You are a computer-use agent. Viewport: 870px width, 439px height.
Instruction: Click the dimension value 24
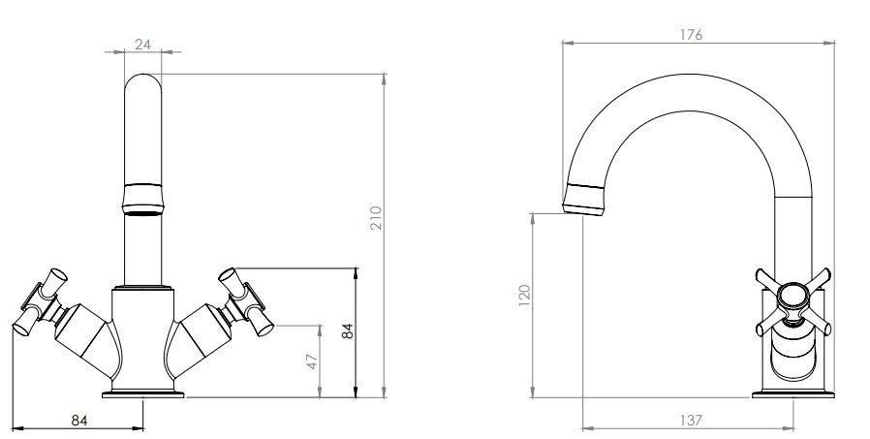click(x=142, y=44)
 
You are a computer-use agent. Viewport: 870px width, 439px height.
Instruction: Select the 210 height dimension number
click(x=377, y=218)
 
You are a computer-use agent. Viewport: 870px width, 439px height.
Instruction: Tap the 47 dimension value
click(x=312, y=361)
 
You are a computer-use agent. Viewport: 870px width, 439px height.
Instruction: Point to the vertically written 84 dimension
click(x=348, y=331)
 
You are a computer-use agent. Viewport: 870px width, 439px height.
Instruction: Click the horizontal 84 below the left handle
click(x=79, y=421)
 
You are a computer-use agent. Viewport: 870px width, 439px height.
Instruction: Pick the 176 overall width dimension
click(x=691, y=35)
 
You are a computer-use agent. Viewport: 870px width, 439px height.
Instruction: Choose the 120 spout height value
click(x=524, y=296)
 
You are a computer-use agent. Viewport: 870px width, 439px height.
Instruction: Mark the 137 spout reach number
click(x=690, y=421)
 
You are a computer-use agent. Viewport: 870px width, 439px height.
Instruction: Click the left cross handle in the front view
click(x=40, y=302)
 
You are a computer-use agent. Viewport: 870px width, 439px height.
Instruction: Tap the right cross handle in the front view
click(x=246, y=302)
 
